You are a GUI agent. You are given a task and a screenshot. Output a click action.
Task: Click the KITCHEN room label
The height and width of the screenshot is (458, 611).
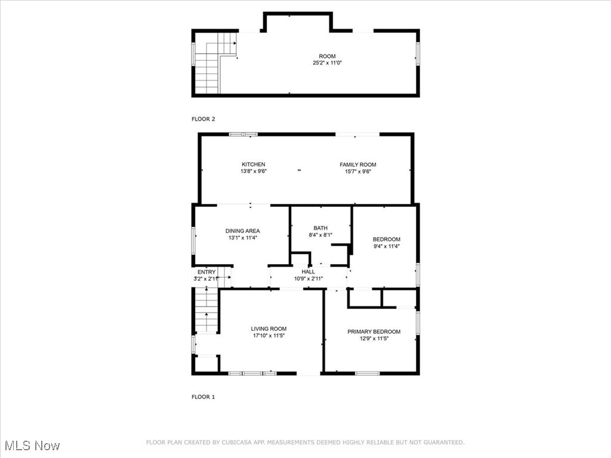pos(253,165)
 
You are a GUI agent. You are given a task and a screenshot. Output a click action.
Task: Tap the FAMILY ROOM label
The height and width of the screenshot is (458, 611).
pos(358,165)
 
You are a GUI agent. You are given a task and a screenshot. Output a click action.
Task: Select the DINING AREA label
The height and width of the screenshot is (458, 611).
pos(242,231)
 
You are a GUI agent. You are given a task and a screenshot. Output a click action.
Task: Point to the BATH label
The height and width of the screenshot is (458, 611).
pos(320,228)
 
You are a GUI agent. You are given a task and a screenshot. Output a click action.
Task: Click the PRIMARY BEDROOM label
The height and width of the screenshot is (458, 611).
pos(374,332)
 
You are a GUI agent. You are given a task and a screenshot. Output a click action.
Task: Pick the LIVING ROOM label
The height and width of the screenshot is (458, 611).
pos(269,329)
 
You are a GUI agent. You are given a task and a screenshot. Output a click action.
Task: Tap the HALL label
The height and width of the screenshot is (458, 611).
pos(308,272)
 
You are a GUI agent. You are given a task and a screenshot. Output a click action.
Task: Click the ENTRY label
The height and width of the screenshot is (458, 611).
pos(206,272)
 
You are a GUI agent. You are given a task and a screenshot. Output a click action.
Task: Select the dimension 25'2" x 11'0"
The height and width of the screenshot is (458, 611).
pos(327,63)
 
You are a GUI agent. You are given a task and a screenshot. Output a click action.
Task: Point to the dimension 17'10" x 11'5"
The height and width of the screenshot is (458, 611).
pos(269,336)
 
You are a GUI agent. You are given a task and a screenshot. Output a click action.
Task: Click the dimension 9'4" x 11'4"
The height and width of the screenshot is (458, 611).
pos(386,246)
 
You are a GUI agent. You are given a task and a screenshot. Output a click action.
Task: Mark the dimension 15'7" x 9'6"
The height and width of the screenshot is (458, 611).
pos(358,171)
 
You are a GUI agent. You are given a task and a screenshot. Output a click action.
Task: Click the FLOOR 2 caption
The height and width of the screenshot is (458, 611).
pos(203,119)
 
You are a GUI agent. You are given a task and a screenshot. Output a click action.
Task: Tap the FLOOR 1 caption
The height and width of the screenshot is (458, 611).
pos(203,397)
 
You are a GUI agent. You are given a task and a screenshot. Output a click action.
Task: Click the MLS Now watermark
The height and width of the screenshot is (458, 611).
pos(32,445)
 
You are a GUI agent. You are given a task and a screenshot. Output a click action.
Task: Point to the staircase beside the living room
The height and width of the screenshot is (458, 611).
pos(206,310)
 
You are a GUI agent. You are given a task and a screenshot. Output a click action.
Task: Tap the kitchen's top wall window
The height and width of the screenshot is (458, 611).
pos(243,134)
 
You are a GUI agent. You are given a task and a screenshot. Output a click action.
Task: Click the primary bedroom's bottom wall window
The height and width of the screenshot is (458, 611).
pos(367,373)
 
